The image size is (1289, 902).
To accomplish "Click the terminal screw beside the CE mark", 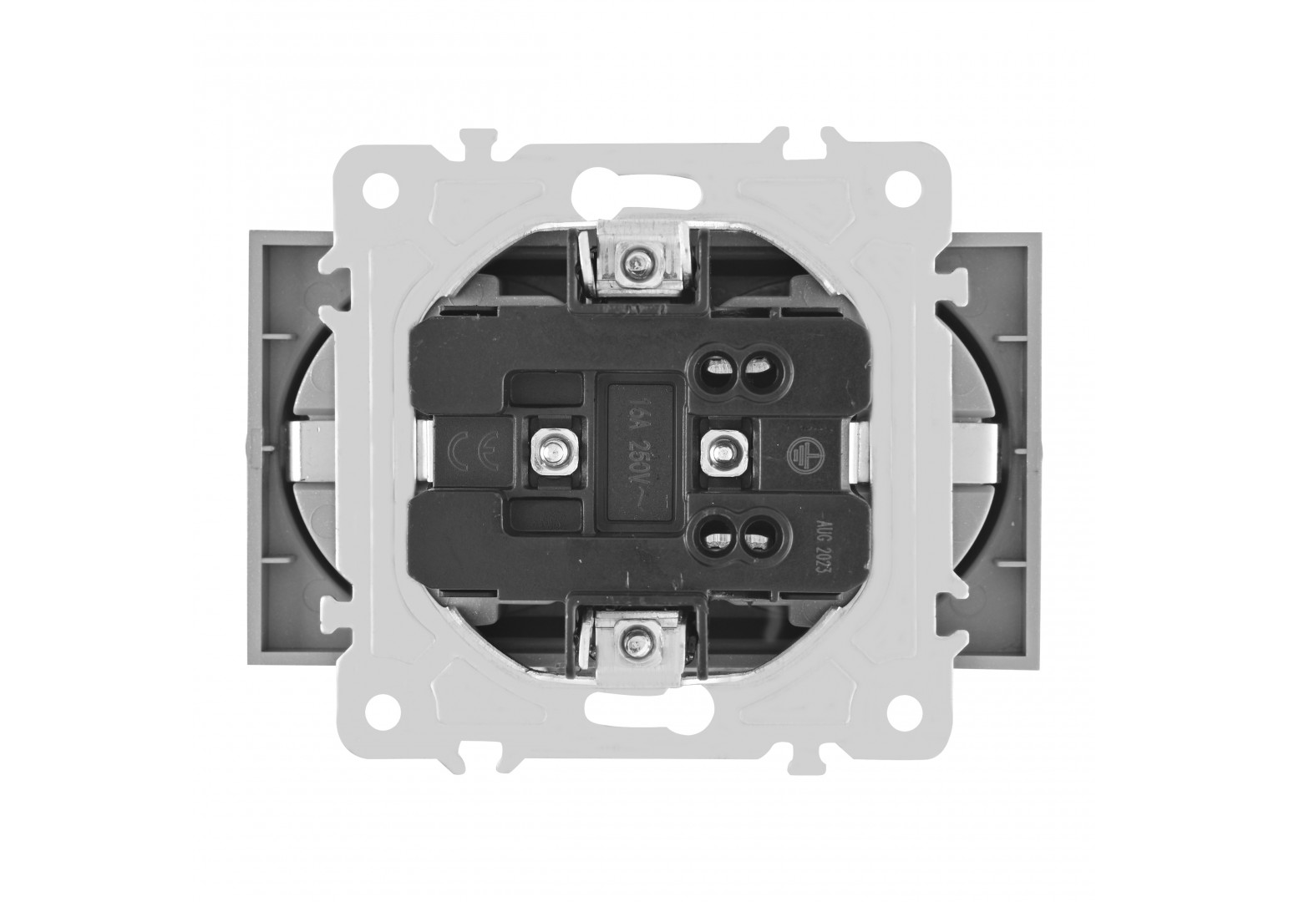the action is point(552,454).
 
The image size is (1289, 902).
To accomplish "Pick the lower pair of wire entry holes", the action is point(734,540).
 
